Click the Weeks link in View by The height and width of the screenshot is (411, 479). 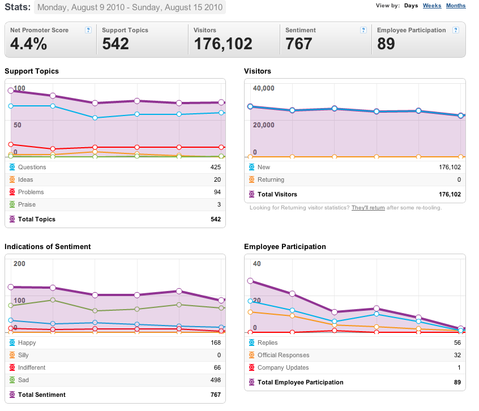point(432,6)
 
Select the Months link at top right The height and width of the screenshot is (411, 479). point(456,6)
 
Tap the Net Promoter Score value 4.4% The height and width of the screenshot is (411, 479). point(29,44)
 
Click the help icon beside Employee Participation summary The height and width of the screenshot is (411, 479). point(456,30)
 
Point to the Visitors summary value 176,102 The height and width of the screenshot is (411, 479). point(223,44)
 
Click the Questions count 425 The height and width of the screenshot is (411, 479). point(215,167)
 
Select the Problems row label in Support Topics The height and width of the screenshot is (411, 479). point(31,192)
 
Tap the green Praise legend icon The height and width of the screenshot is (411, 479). point(12,204)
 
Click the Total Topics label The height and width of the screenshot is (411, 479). point(37,219)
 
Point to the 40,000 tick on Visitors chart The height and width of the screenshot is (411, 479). point(263,88)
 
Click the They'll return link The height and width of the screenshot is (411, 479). point(368,208)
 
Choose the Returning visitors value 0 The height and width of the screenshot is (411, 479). point(459,179)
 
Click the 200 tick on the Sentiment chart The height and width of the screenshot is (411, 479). point(19,264)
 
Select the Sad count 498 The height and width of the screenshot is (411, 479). point(215,380)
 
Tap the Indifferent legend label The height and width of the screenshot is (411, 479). point(32,367)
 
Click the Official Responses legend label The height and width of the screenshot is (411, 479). point(284,355)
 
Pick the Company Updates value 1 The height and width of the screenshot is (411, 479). point(459,367)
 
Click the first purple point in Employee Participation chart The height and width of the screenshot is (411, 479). point(250,281)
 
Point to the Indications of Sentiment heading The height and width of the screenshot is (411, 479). point(48,247)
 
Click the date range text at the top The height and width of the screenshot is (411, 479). point(130,7)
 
